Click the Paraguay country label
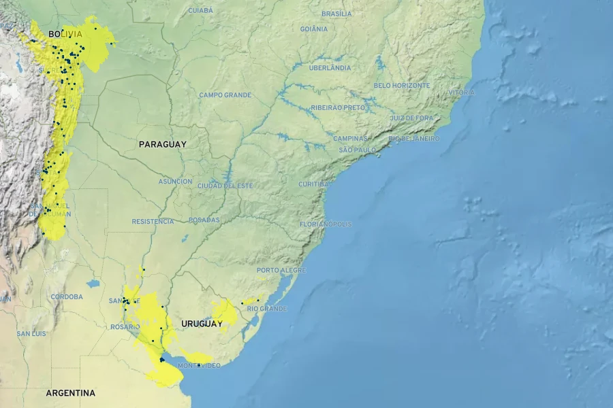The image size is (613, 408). tap(162, 144)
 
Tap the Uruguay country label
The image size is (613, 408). tap(202, 324)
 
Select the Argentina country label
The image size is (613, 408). tap(70, 393)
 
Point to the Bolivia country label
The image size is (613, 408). tap(65, 34)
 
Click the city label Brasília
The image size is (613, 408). tap(336, 14)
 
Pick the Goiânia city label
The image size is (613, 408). tap(313, 29)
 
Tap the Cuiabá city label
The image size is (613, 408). tap(200, 10)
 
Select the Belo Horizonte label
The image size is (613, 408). tap(401, 86)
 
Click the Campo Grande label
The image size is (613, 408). tap(225, 95)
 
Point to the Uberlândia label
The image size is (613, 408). tap(330, 68)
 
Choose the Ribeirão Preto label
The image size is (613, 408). tap(338, 107)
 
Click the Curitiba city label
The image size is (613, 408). tap(313, 184)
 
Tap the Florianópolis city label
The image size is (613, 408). tap(326, 224)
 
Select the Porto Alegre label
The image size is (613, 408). tap(281, 270)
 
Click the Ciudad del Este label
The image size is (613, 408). tap(225, 186)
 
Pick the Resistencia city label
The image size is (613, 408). tap(153, 222)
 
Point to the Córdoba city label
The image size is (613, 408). tap(67, 297)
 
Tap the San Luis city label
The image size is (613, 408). tap(31, 334)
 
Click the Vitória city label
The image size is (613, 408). tap(461, 92)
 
